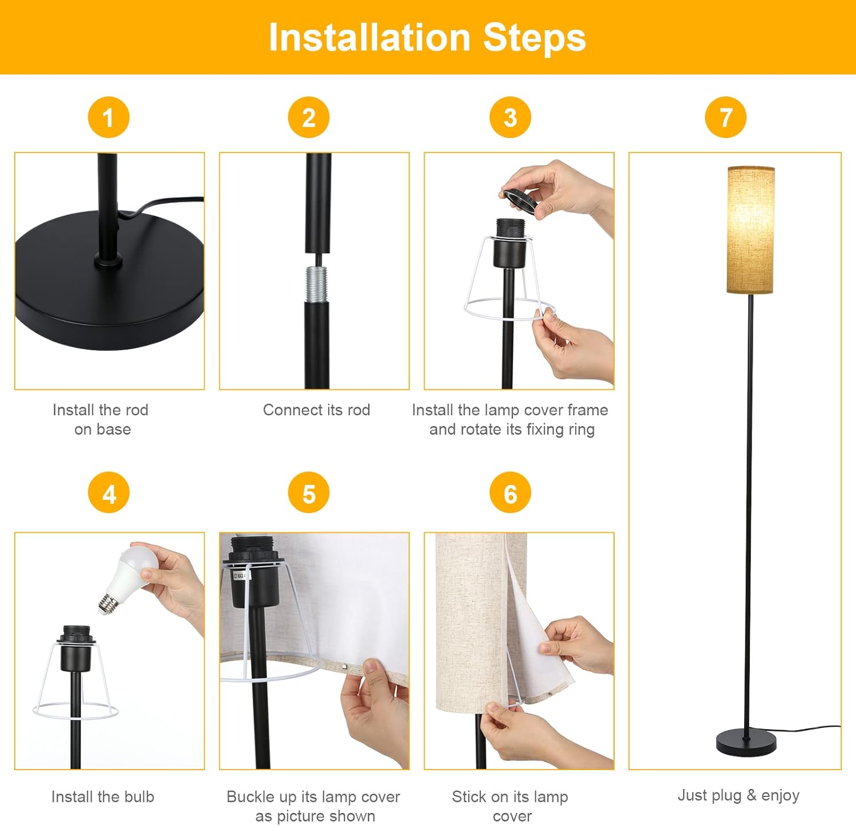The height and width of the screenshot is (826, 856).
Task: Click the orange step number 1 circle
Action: [x=108, y=118]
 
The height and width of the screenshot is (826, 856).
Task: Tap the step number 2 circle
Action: [x=309, y=118]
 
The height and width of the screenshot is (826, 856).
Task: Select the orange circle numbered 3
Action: [x=510, y=118]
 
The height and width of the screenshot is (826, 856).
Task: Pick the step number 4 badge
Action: [x=108, y=493]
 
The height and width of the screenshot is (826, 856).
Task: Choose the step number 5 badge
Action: [x=309, y=493]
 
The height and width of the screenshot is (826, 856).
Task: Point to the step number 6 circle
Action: [x=510, y=493]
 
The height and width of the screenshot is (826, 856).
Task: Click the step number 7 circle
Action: [x=726, y=118]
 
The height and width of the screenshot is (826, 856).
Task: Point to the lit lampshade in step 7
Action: [x=750, y=230]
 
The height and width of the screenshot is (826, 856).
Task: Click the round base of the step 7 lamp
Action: [x=746, y=742]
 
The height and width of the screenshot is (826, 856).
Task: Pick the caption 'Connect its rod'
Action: [x=317, y=410]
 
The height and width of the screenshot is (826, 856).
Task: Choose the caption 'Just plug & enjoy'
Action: [x=738, y=795]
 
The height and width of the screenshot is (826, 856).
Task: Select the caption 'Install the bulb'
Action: [x=103, y=796]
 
